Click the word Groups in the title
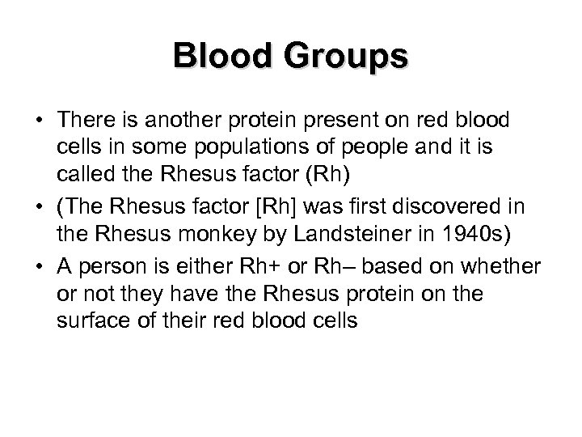tap(349, 57)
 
